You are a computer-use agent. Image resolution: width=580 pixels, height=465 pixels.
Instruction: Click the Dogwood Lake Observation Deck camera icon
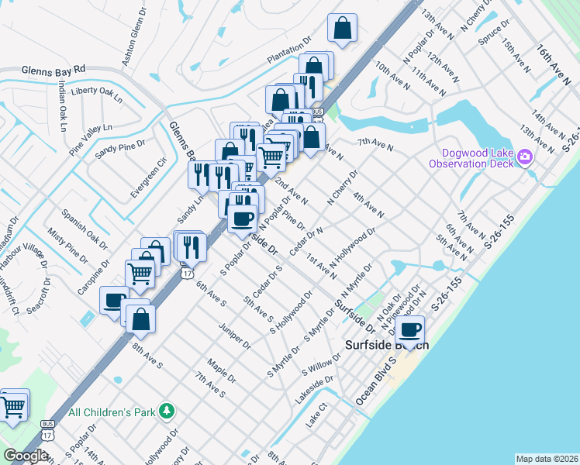pyautogui.click(x=525, y=158)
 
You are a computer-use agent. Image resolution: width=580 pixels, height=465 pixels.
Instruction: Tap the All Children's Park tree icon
pyautogui.click(x=164, y=411)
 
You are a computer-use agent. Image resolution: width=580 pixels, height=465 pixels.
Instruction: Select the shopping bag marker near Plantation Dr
pyautogui.click(x=341, y=29)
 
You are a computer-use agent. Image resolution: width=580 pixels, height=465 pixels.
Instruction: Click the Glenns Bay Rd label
pyautogui.click(x=54, y=70)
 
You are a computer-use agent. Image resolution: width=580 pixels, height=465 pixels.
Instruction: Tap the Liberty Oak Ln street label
pyautogui.click(x=96, y=92)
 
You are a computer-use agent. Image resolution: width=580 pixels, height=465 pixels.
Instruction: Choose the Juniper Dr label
pyautogui.click(x=234, y=335)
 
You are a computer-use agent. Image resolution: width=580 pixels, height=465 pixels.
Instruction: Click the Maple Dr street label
pyautogui.click(x=222, y=370)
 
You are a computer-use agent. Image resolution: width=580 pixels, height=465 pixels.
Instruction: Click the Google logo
pyautogui.click(x=26, y=456)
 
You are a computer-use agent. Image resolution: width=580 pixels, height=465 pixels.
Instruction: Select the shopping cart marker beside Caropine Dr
pyautogui.click(x=140, y=273)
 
